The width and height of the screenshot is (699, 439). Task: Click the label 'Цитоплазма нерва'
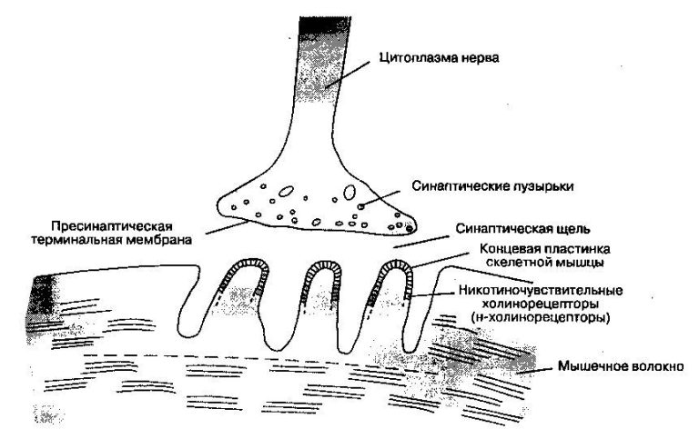pos(439,57)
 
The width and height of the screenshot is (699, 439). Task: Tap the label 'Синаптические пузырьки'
pos(492,186)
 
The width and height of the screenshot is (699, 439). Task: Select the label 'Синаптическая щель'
pos(523,229)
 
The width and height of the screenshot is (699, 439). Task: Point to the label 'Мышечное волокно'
pos(621,366)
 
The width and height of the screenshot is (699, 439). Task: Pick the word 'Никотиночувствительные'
pos(541,290)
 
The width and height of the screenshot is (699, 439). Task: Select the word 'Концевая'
pos(509,248)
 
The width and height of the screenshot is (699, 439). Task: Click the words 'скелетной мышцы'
pos(545,263)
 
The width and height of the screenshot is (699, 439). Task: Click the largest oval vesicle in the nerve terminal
pos(349,192)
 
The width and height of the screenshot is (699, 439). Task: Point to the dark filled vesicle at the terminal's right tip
pos(409,229)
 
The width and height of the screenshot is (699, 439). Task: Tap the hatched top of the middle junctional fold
pos(322,264)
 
